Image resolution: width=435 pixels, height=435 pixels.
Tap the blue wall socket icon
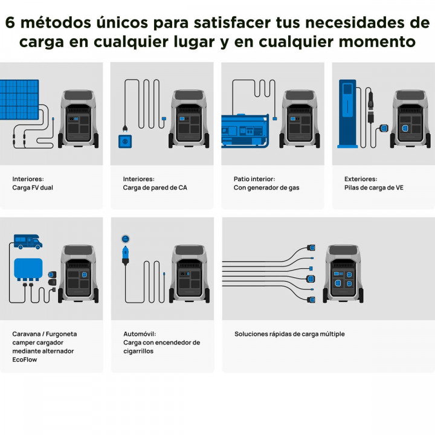coord(124,141)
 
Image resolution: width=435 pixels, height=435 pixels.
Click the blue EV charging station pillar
coord(347,115)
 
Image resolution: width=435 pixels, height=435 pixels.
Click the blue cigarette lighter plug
coord(126,251)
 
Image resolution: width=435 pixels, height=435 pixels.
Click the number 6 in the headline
coord(11,22)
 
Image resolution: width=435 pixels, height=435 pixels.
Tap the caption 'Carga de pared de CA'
coord(155,188)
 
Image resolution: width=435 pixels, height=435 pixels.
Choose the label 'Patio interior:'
coord(254,179)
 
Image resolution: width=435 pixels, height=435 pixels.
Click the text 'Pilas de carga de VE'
coord(374,188)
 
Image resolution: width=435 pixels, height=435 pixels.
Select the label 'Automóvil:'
coord(138,333)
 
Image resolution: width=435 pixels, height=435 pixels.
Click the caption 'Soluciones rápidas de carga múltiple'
coord(289,333)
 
